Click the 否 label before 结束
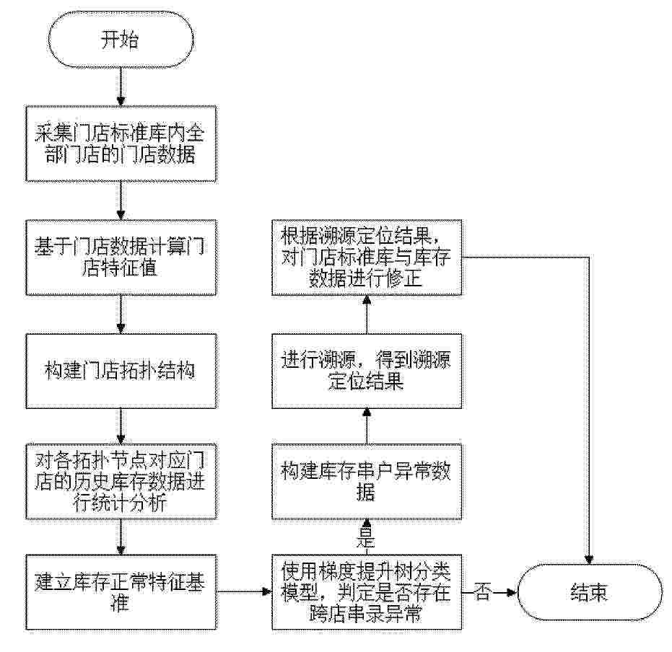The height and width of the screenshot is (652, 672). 483,593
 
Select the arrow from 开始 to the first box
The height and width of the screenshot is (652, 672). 121,87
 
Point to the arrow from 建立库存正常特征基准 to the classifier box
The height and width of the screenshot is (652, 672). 244,592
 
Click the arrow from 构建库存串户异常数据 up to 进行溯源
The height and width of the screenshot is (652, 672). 367,426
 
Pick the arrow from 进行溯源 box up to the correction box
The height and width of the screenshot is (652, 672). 367,314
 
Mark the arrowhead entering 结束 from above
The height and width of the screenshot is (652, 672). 589,559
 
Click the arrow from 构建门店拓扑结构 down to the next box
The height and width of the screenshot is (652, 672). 121,426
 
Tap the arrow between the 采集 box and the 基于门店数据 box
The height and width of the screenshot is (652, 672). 121,201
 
